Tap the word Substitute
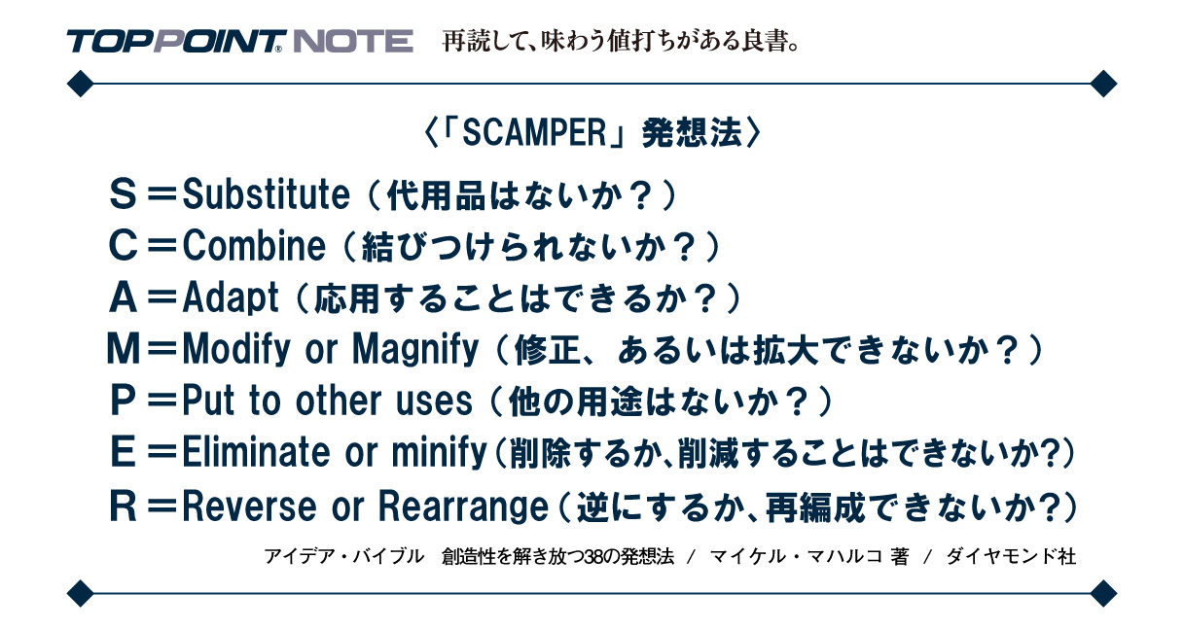click(266, 195)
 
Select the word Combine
click(254, 247)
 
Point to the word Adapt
click(231, 297)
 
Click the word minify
click(438, 451)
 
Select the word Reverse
click(248, 506)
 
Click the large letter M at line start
click(124, 348)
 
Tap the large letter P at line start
click(124, 400)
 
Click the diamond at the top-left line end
click(79, 84)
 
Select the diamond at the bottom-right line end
click(1103, 591)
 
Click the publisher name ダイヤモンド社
click(1011, 557)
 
